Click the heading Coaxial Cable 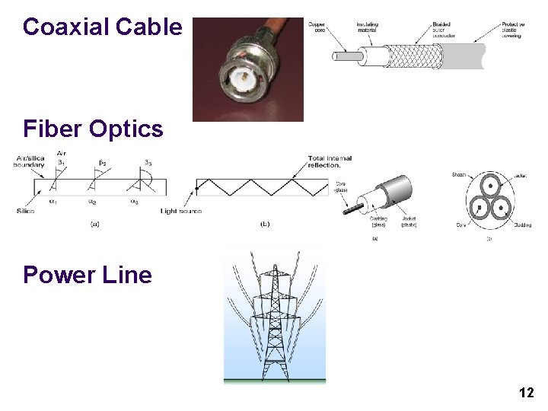click(x=103, y=27)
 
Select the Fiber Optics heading click(x=93, y=129)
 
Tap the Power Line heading click(x=88, y=275)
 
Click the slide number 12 click(x=526, y=393)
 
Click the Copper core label click(x=317, y=28)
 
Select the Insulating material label click(x=368, y=28)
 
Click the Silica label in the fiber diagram click(x=25, y=210)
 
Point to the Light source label click(x=181, y=210)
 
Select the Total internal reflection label click(x=330, y=161)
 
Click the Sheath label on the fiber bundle click(x=459, y=175)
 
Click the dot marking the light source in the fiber click(x=196, y=186)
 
